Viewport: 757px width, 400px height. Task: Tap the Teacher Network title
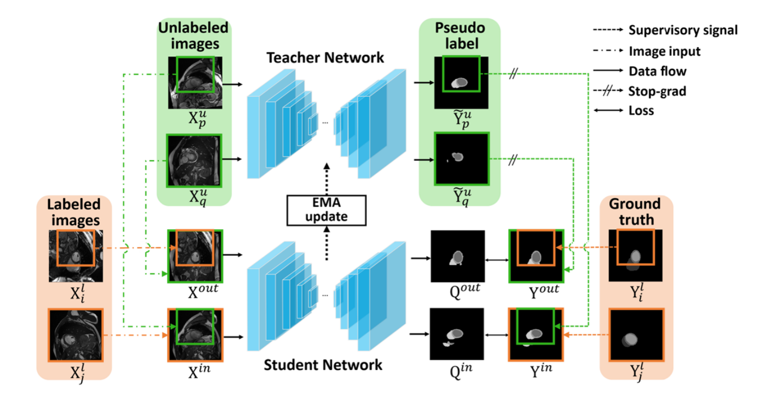(325, 57)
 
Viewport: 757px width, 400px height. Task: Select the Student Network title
(323, 365)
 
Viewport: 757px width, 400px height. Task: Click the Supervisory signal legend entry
(683, 30)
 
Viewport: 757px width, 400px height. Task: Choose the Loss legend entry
(641, 110)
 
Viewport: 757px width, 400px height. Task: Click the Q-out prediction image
(458, 256)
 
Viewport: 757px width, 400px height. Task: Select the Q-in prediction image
(458, 334)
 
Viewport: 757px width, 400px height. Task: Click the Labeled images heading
(74, 212)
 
